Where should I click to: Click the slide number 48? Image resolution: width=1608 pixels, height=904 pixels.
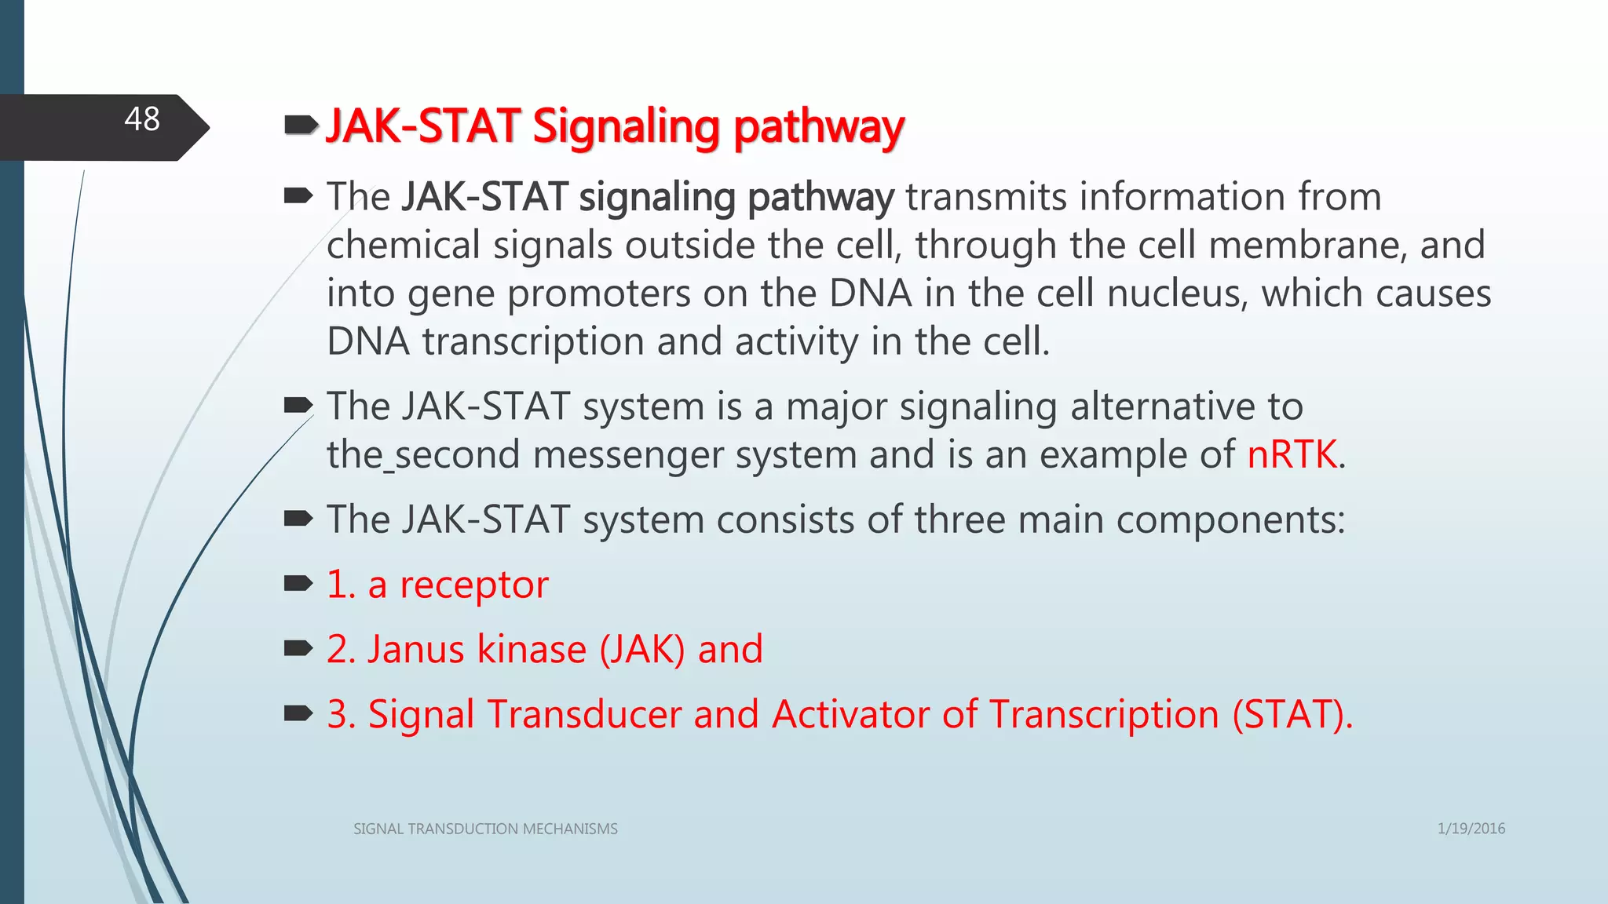[142, 119]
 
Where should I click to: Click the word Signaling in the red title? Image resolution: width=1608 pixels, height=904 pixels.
[625, 127]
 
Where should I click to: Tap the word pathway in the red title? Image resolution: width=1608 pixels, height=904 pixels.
[818, 127]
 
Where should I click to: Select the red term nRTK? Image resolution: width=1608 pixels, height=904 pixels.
[1292, 454]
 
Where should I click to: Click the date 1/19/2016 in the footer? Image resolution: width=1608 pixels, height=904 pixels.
[1471, 829]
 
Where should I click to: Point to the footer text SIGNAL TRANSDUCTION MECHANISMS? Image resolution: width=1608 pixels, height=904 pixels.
[485, 829]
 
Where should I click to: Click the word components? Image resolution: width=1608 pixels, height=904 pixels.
[1230, 519]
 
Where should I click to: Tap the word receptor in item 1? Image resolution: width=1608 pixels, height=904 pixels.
[473, 585]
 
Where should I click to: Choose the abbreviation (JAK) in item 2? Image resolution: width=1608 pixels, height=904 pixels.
[641, 650]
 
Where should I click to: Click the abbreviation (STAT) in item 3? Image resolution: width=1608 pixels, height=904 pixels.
[1292, 715]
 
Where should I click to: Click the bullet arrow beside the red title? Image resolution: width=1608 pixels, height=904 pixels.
[300, 124]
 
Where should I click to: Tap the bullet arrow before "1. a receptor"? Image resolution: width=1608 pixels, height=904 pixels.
[298, 583]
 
